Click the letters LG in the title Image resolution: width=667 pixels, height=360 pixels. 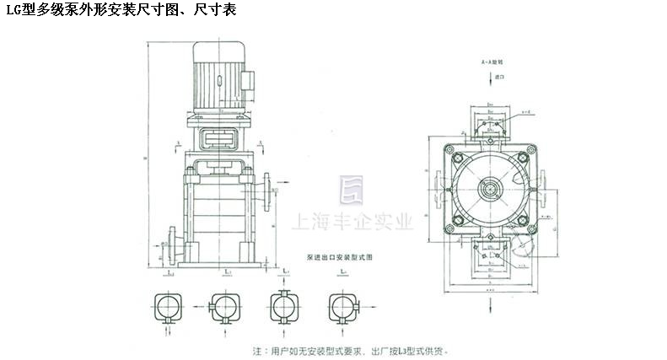click(13, 10)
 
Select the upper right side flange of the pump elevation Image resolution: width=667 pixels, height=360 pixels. click(269, 190)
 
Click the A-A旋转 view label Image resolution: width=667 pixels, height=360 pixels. click(492, 63)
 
